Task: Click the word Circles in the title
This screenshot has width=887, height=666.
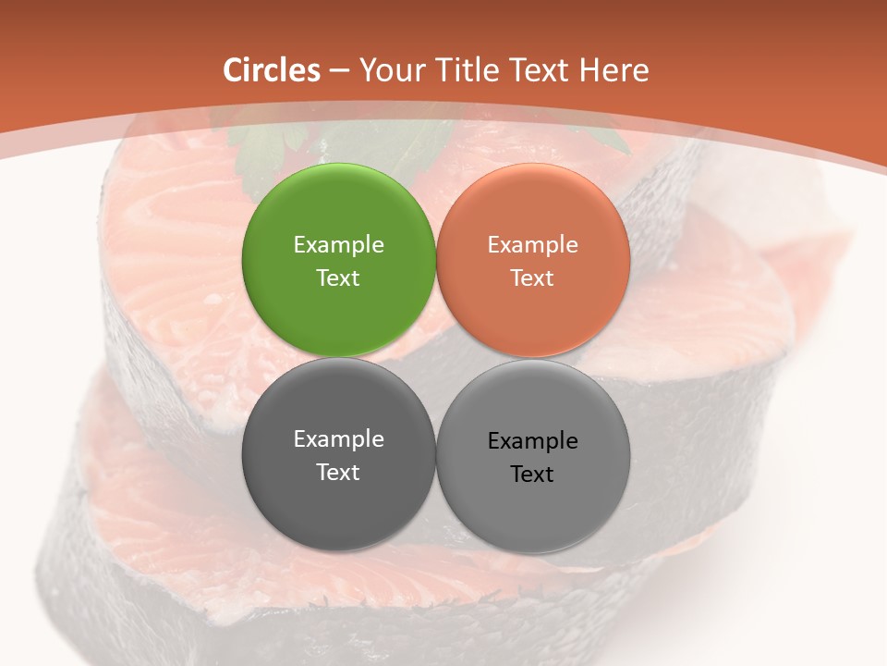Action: pyautogui.click(x=272, y=70)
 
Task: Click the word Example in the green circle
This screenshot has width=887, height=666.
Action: pyautogui.click(x=338, y=245)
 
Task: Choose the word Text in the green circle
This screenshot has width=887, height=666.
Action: pyautogui.click(x=338, y=278)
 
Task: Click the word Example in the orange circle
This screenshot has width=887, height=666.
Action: pyautogui.click(x=532, y=245)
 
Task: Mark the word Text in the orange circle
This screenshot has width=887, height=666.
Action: pyautogui.click(x=532, y=278)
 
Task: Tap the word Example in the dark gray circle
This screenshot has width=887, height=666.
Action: pyautogui.click(x=338, y=439)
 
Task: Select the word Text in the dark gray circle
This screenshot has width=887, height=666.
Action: pyautogui.click(x=338, y=473)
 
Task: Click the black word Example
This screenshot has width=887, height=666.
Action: pyautogui.click(x=532, y=441)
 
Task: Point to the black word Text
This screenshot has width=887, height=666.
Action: pyautogui.click(x=532, y=475)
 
